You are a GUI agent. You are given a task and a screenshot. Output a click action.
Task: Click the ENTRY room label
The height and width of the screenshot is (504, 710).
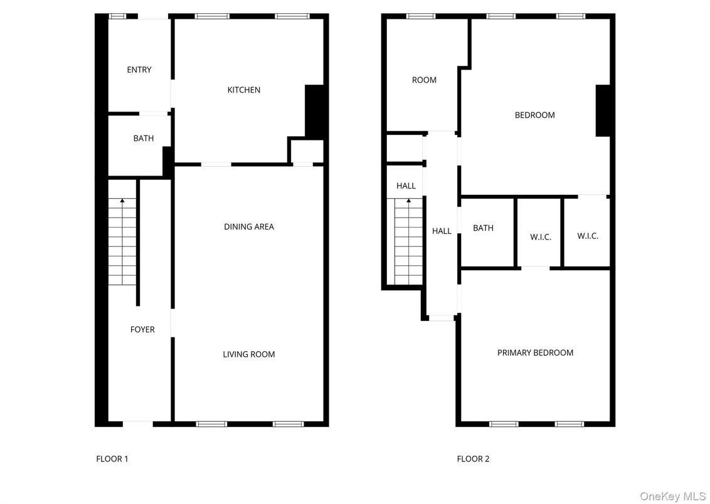pos(139,70)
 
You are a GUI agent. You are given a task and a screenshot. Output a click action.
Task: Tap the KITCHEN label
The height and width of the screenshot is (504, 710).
pos(243,90)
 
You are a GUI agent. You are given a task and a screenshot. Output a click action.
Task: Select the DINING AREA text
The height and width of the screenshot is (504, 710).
pos(249,226)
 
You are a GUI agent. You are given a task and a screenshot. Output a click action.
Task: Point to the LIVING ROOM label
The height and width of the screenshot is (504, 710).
pos(249,354)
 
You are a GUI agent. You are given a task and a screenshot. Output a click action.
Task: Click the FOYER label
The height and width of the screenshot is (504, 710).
pos(142,329)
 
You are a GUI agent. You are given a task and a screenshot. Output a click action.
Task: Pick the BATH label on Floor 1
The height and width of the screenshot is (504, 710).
pos(143,138)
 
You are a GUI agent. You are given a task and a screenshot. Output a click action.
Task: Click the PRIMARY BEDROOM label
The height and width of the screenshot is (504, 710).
pos(535,352)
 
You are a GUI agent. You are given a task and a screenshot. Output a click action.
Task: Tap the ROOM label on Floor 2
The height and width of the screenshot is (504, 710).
pos(424,80)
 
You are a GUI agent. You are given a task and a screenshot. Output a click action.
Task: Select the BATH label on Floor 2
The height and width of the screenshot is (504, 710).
pos(483,228)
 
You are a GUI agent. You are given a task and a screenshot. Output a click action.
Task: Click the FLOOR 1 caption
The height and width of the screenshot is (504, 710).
pos(112,458)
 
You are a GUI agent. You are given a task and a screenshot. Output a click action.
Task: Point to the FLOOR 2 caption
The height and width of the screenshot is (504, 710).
pos(473,458)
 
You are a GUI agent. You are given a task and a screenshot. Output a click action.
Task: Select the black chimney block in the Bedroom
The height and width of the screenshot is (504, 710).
pos(603,110)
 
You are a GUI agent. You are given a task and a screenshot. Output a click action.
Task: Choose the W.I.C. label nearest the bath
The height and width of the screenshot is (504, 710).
pos(540,237)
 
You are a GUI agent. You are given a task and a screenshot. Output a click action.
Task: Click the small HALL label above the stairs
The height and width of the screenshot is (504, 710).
pos(406,186)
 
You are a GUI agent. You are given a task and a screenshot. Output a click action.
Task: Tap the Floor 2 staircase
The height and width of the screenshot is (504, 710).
pos(408,241)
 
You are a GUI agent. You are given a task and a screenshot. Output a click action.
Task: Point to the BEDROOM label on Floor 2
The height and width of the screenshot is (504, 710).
pos(534,115)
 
